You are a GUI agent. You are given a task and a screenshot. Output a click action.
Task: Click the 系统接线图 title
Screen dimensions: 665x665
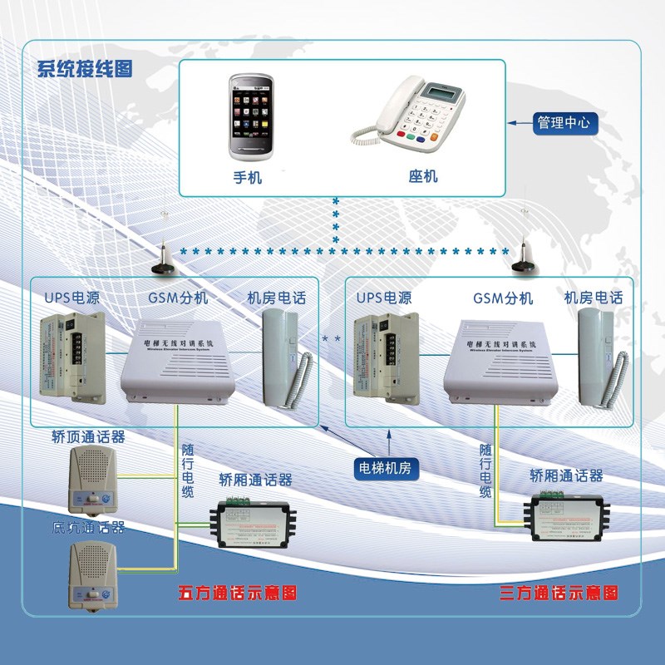click(x=84, y=70)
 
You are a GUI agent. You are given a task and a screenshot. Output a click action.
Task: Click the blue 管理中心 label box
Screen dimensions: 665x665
click(x=564, y=122)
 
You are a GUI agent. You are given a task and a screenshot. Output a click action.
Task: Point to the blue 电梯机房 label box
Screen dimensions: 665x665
click(x=385, y=467)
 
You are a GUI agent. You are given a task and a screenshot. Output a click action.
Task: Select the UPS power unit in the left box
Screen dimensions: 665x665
click(x=77, y=357)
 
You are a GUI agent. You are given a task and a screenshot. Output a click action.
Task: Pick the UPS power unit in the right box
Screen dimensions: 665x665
click(x=389, y=357)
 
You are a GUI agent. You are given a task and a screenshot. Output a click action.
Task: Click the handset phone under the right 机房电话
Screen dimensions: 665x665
click(x=598, y=357)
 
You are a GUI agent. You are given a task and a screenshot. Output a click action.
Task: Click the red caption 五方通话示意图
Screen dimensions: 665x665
click(x=237, y=594)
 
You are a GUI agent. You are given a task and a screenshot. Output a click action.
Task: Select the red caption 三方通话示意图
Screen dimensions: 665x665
click(x=559, y=594)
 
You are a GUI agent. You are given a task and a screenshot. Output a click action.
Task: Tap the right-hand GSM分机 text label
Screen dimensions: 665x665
click(x=503, y=298)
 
